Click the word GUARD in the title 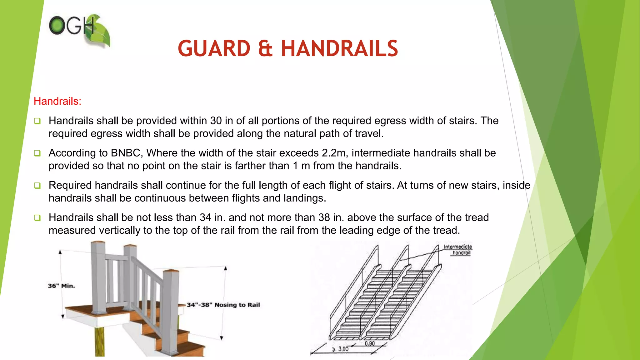214,49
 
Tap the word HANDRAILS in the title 339,49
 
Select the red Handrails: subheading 57,101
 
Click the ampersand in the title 266,49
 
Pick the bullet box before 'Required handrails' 37,186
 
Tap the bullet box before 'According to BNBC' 37,153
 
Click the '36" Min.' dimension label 61,286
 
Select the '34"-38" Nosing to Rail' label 223,305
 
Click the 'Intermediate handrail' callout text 458,250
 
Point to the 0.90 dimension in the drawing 370,343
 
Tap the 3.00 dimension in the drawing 342,349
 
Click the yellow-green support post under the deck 100,342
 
